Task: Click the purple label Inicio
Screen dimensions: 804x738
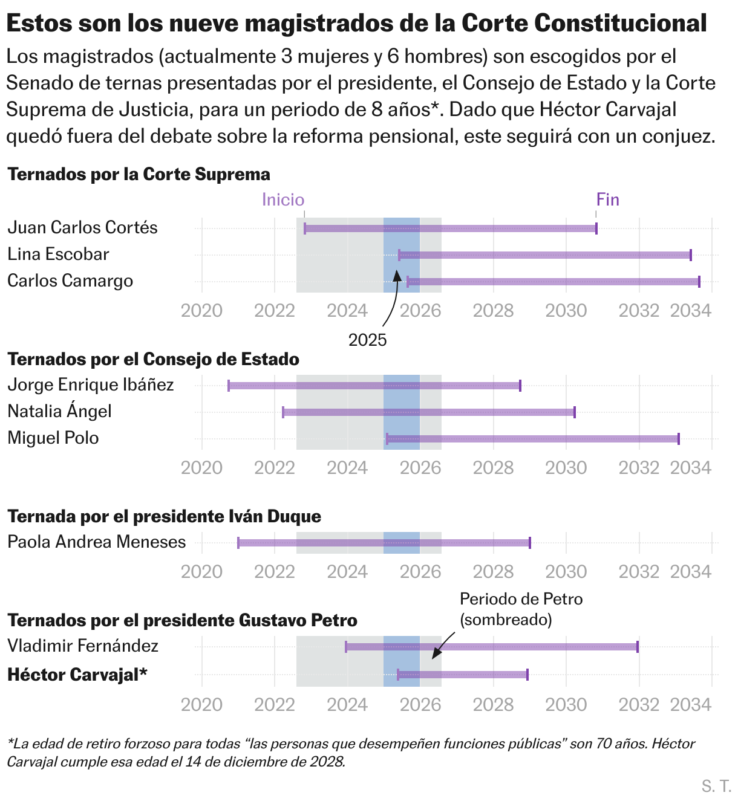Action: tap(282, 199)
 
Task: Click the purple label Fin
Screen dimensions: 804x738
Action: tap(607, 199)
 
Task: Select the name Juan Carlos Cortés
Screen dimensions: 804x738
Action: tap(82, 227)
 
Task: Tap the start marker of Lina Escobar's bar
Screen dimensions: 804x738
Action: tap(399, 255)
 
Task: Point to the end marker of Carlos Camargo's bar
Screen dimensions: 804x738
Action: tap(699, 282)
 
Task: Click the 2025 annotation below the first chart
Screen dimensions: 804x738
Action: tap(367, 340)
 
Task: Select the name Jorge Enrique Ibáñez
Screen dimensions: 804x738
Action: tap(91, 385)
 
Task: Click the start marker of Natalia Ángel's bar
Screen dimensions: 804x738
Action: tap(283, 412)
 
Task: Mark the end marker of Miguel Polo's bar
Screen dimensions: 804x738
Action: tap(679, 439)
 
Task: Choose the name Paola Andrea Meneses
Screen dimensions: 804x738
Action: tap(97, 542)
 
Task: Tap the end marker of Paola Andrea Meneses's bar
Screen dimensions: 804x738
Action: tap(530, 543)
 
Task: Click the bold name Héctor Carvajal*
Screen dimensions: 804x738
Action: tap(77, 675)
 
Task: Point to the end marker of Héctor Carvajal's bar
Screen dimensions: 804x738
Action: tap(527, 675)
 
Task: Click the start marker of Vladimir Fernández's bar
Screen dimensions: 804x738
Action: tap(346, 647)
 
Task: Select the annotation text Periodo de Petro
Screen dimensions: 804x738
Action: tap(521, 599)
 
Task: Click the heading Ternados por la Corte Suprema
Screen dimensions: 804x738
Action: tap(139, 174)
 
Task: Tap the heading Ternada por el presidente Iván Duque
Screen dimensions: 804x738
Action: tap(164, 516)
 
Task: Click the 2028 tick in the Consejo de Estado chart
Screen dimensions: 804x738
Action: tap(493, 467)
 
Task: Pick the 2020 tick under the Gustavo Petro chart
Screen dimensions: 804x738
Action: tap(202, 704)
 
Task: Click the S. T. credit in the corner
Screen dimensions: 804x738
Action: tap(716, 786)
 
